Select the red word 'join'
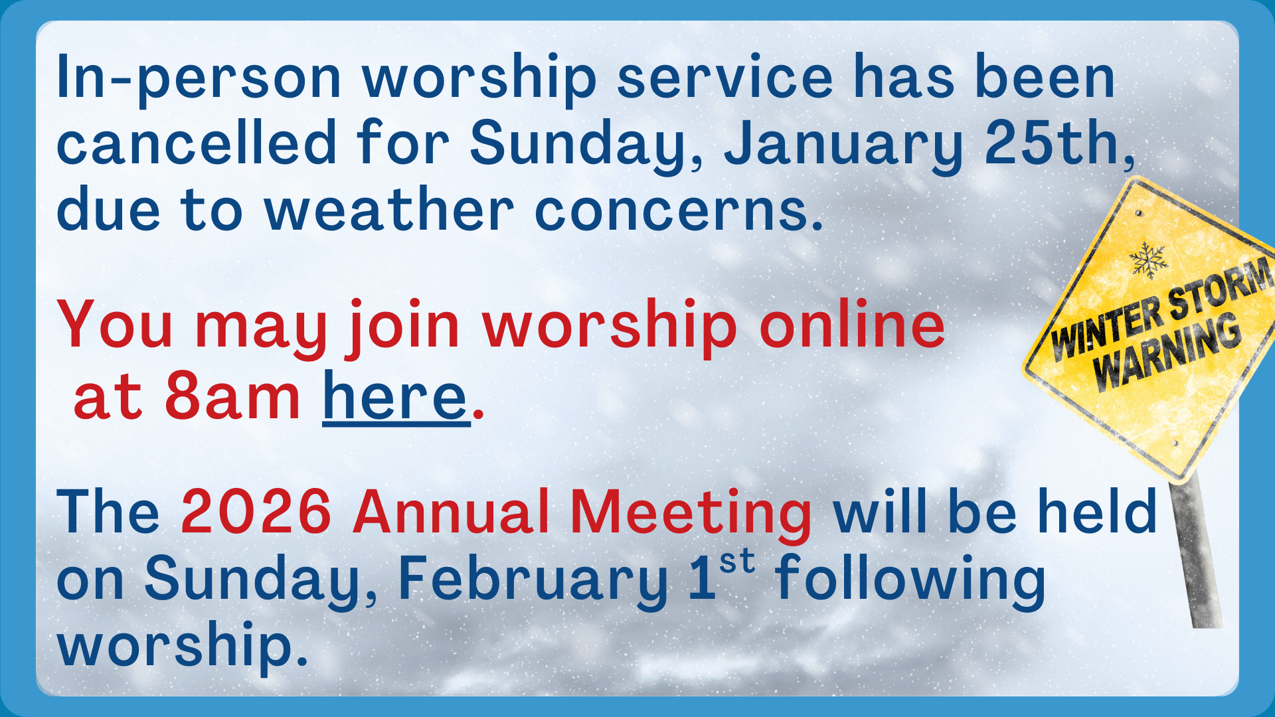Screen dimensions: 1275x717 pyautogui.click(x=402, y=328)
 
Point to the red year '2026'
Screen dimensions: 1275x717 pyautogui.click(x=256, y=511)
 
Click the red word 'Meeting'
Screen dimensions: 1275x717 pyautogui.click(x=691, y=515)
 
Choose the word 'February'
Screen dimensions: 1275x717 pyautogui.click(x=532, y=580)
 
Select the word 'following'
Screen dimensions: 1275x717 pyautogui.click(x=910, y=580)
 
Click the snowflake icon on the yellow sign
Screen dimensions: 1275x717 pyautogui.click(x=1148, y=260)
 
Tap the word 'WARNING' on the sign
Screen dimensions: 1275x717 pyautogui.click(x=1167, y=353)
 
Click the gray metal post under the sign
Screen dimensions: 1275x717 pyautogui.click(x=1195, y=551)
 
